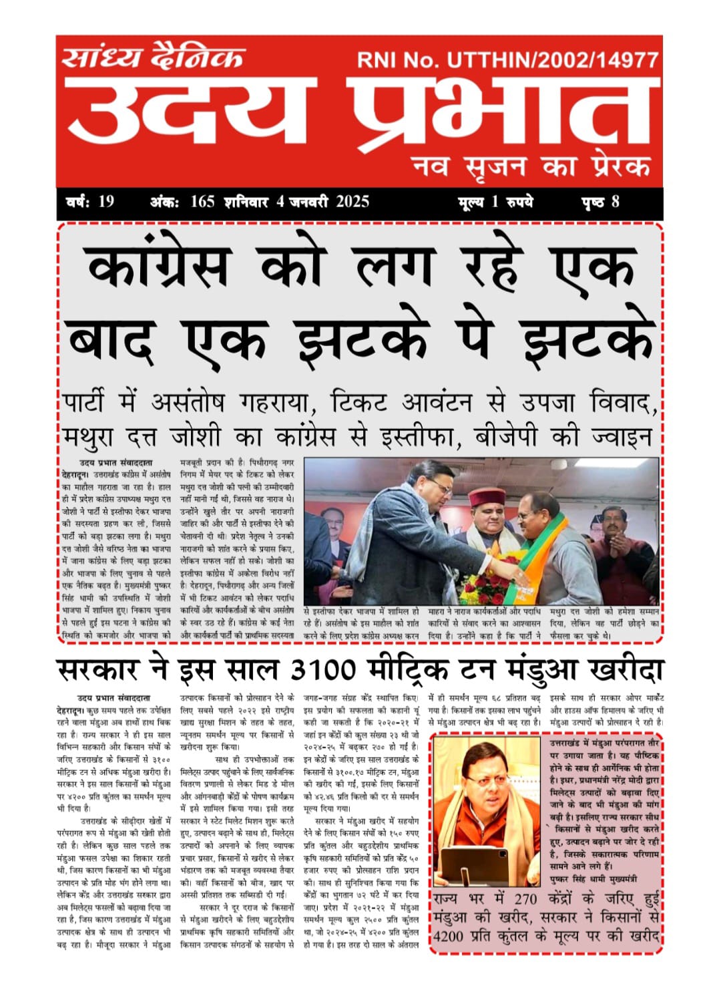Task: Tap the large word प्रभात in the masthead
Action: tap(497, 110)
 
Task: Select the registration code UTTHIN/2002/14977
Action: tap(553, 60)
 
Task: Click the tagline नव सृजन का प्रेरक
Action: tap(531, 164)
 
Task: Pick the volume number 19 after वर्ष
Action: tap(106, 202)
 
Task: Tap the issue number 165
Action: tap(202, 202)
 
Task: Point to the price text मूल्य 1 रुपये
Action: tap(495, 202)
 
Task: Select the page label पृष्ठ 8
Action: tap(600, 202)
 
